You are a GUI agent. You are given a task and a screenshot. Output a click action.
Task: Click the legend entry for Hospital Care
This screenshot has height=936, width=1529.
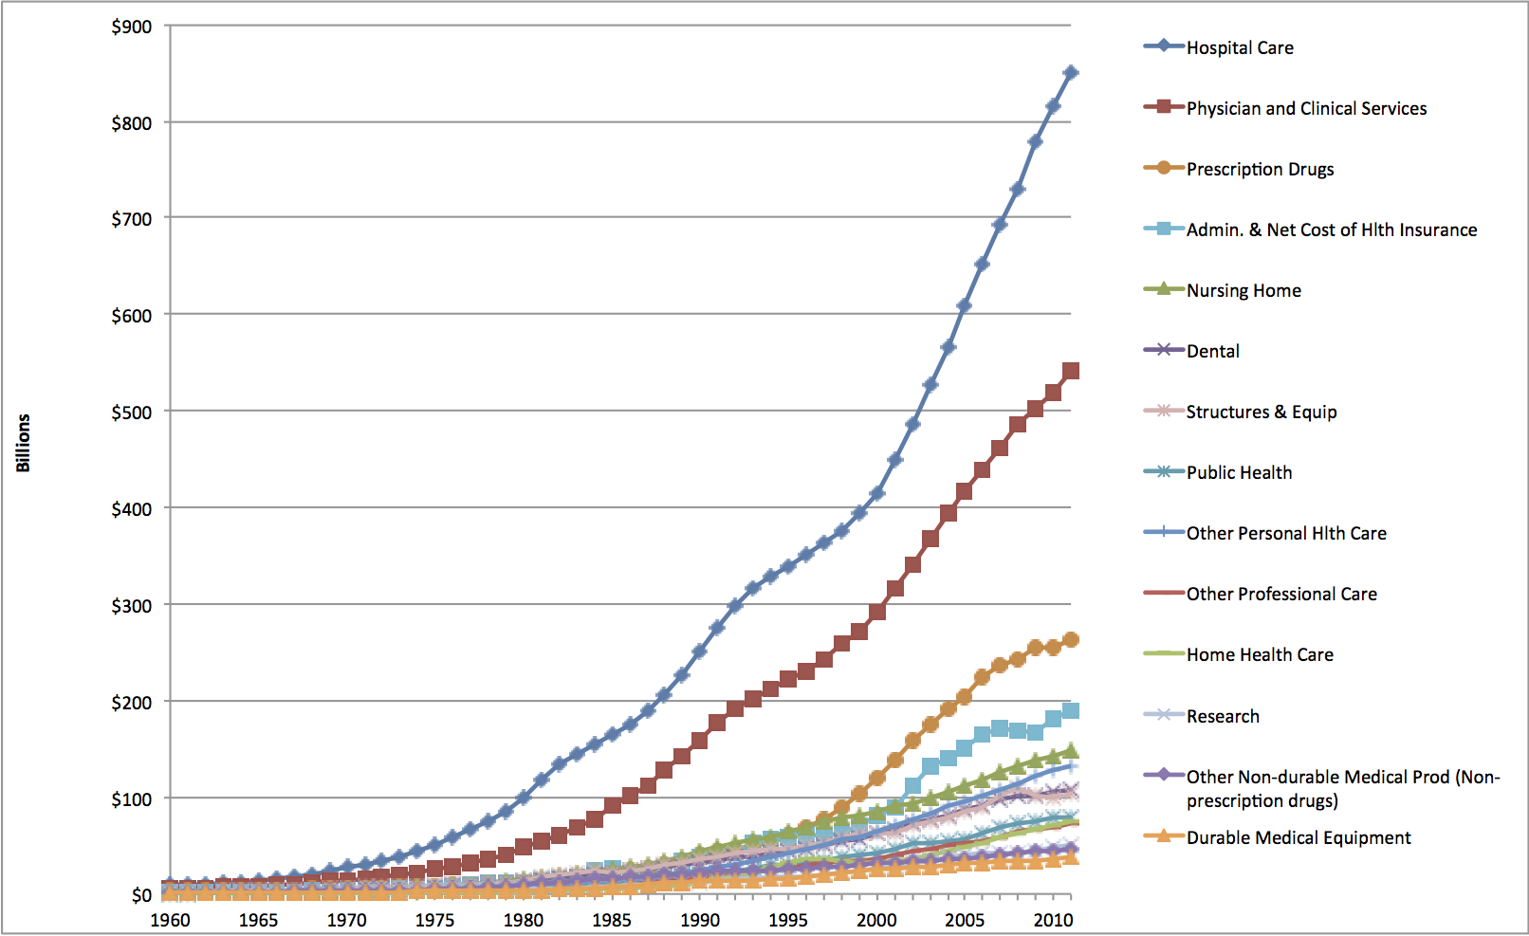tap(1239, 47)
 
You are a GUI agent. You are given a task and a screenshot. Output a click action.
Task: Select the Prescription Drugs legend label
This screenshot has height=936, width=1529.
tap(1259, 169)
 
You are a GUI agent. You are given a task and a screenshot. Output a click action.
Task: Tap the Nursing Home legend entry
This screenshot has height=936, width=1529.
tap(1243, 290)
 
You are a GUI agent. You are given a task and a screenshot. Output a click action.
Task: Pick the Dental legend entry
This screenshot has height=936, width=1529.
tap(1212, 351)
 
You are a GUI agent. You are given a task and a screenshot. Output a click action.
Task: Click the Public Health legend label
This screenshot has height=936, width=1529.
tap(1238, 472)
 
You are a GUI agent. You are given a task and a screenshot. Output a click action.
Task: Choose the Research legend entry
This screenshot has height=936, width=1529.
tap(1222, 716)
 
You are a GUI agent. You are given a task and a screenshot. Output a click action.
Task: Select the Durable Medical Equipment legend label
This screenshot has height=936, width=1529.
tap(1298, 837)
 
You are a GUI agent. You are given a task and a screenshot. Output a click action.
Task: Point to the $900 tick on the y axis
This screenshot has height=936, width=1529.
tap(132, 27)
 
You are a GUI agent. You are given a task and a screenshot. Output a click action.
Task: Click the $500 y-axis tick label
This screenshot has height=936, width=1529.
tap(132, 413)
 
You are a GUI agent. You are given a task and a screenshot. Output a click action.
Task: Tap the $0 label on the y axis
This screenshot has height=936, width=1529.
tap(141, 895)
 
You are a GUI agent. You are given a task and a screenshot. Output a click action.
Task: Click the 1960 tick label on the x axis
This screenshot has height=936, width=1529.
tap(170, 920)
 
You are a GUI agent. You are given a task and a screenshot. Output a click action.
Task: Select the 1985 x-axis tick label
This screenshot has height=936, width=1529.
tap(611, 920)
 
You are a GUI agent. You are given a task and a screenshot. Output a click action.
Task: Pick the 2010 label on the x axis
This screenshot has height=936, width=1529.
tap(1053, 920)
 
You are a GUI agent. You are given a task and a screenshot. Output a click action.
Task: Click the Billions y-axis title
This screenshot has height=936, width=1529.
tap(23, 443)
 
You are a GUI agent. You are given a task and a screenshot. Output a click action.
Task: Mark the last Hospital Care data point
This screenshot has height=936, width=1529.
tap(1071, 73)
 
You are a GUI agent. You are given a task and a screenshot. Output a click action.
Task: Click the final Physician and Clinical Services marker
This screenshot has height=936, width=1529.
tap(1071, 371)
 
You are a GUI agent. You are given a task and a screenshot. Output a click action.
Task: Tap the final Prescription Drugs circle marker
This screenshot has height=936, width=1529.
tap(1071, 640)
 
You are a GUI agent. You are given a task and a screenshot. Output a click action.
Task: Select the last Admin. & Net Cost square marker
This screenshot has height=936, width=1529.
tap(1071, 711)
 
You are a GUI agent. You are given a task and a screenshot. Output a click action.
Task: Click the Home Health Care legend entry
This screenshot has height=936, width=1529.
tap(1259, 654)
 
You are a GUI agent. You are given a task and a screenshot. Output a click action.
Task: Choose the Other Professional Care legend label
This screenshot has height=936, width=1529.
tap(1280, 594)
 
